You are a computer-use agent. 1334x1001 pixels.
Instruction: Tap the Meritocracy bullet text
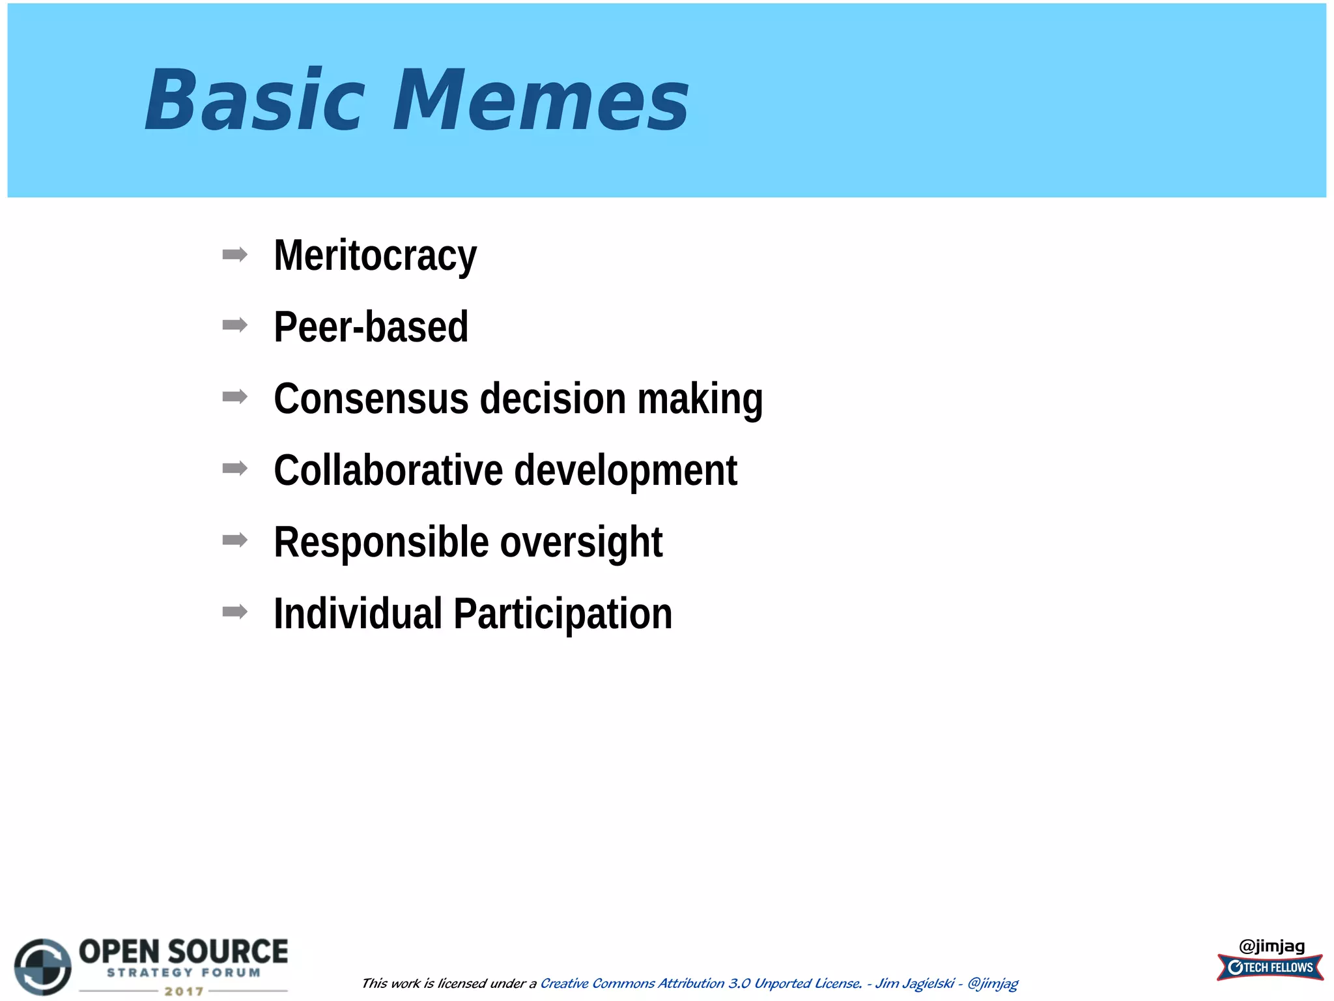pos(375,255)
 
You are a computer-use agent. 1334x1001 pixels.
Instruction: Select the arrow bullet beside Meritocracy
pos(234,254)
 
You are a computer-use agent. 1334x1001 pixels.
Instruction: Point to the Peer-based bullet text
pos(371,326)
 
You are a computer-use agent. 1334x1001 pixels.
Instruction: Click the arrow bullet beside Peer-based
pos(234,325)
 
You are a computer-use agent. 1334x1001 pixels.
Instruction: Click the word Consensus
pos(371,398)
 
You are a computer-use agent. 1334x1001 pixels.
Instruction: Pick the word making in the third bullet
pos(700,398)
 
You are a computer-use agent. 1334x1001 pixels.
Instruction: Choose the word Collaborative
pos(388,470)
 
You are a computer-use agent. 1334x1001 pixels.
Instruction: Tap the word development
pos(625,470)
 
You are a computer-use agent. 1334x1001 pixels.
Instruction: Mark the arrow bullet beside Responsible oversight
pos(234,540)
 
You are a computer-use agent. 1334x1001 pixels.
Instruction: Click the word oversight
pos(581,542)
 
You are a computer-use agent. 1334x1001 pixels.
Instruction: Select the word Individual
pos(358,613)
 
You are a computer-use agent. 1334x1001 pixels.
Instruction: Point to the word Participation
pos(563,613)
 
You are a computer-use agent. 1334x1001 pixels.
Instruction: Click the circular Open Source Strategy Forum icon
pos(43,966)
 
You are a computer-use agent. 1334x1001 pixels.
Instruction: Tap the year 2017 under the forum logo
pos(184,991)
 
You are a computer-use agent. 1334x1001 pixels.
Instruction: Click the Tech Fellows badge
pos(1270,968)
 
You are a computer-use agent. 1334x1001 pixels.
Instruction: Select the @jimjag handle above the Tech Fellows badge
pos(1271,946)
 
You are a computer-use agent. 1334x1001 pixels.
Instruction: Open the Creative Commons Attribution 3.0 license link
pos(701,983)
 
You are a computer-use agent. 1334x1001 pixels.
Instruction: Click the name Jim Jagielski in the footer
pos(915,983)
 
